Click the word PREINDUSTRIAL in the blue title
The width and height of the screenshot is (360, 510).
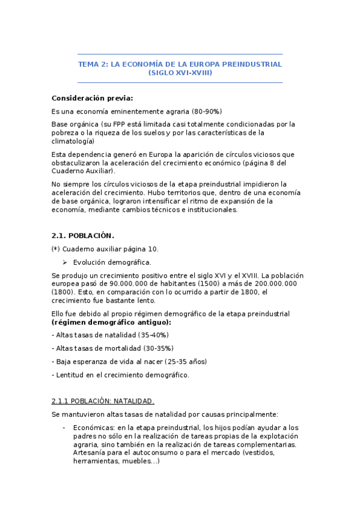coord(252,64)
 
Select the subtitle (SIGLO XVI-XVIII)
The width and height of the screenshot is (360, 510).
coord(180,73)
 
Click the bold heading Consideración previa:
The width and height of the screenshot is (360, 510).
coord(93,98)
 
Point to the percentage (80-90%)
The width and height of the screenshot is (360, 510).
coord(207,111)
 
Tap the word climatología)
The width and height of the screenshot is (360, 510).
coord(73,141)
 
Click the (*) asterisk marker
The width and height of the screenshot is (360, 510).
coord(56,249)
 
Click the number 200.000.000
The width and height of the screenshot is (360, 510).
coord(273,283)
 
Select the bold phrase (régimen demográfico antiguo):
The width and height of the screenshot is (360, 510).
coord(111,322)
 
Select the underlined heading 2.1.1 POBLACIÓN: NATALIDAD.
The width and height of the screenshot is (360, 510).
coord(103,401)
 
